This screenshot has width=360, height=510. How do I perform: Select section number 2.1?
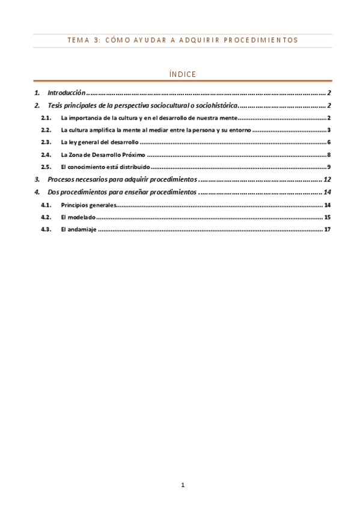(46, 118)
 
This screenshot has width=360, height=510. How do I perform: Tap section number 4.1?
(46, 205)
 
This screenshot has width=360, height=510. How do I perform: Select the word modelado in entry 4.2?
(82, 217)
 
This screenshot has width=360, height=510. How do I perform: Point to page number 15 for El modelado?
(328, 217)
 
